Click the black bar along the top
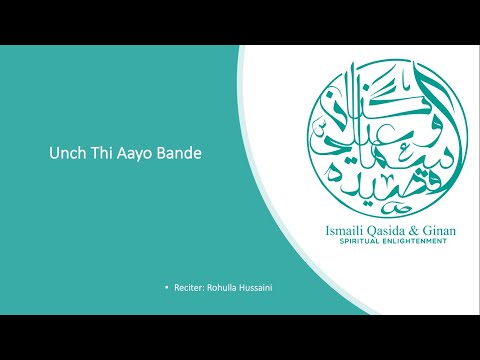(240, 22)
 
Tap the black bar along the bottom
(240, 337)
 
